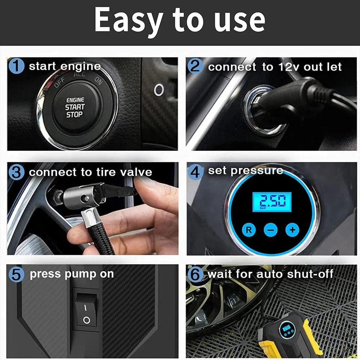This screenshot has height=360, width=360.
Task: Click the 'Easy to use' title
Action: pos(180,21)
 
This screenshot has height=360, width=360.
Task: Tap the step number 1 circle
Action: pos(16,67)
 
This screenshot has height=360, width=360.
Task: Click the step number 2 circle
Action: pos(195,67)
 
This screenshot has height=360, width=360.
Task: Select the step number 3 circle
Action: pos(16,172)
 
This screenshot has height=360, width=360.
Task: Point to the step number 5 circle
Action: pos(16,274)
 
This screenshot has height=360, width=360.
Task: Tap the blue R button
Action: pos(248,230)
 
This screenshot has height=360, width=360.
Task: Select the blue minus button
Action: pos(271,230)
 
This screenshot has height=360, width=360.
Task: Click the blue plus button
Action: pos(292,230)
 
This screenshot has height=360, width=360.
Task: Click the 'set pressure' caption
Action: pos(246,170)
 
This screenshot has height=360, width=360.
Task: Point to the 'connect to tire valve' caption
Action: pos(90,172)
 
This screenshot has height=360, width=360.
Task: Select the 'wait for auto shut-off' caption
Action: pos(270,274)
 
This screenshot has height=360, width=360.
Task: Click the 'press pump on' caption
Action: pos(72,274)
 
